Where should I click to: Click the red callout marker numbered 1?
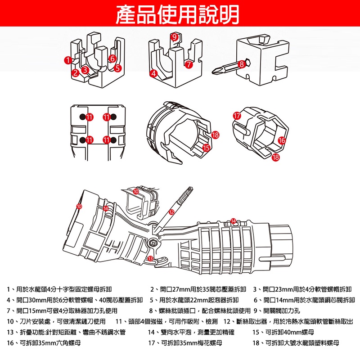tap(67, 60)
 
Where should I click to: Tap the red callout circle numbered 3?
tap(84, 70)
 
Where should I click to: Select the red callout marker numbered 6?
tap(112, 58)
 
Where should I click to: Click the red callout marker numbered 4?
tap(154, 73)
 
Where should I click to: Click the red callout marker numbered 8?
tap(242, 64)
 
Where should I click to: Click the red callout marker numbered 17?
tap(237, 116)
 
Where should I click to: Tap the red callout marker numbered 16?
tap(282, 140)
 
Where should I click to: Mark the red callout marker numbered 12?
tap(171, 211)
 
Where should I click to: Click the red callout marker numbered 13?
tap(151, 258)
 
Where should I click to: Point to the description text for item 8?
tap(199, 310)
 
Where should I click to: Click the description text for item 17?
tap(185, 343)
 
